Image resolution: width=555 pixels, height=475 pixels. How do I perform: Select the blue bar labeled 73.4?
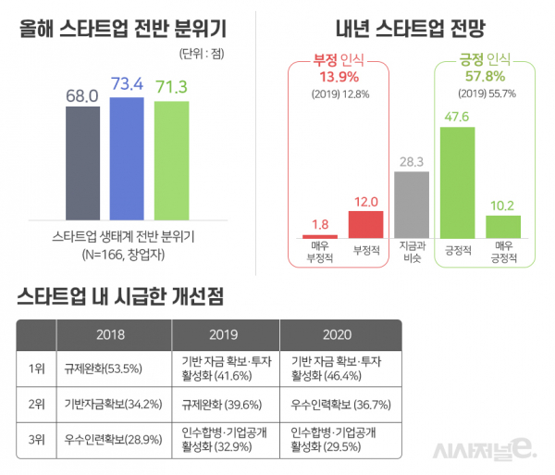point(128,157)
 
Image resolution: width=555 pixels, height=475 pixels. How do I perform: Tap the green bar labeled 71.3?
point(172,159)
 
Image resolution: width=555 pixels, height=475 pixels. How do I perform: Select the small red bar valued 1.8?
point(320,236)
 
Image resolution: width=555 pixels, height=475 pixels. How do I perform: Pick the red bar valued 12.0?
point(365,225)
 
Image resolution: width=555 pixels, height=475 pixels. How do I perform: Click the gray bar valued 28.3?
point(412,206)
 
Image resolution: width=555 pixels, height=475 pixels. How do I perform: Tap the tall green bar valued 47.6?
point(457,182)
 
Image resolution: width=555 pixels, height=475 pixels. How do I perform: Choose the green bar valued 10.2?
point(502,227)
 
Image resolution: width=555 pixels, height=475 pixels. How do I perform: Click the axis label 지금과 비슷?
point(412,254)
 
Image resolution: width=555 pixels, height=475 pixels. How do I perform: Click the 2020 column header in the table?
point(339,333)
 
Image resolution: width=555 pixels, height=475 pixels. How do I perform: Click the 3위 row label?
point(37,441)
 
